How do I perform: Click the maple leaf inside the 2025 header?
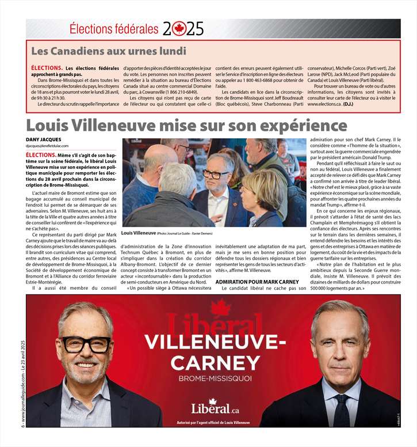(x=179, y=28)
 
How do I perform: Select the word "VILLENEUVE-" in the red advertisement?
(x=215, y=342)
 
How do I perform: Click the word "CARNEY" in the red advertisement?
(x=216, y=363)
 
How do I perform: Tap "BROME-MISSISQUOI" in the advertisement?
(x=215, y=379)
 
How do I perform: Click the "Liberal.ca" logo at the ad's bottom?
(x=215, y=408)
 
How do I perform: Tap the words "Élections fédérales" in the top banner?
(x=113, y=28)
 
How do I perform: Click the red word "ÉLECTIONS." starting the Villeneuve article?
(x=40, y=155)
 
